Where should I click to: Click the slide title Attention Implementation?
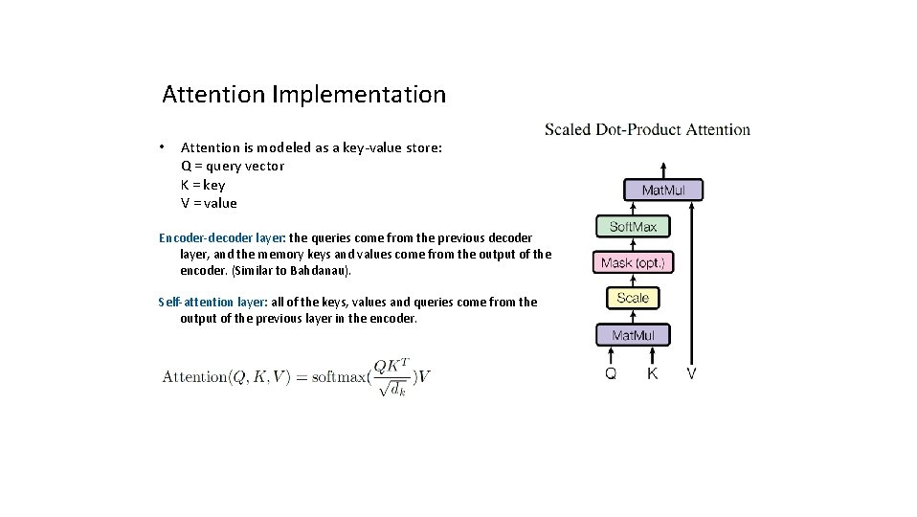click(x=303, y=95)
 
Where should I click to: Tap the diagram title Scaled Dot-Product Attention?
click(x=647, y=129)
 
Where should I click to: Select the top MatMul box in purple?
click(x=662, y=191)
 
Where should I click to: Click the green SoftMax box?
click(x=633, y=227)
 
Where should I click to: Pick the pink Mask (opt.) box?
click(x=633, y=262)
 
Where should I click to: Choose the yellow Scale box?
click(x=633, y=299)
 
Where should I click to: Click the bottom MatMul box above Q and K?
click(x=633, y=335)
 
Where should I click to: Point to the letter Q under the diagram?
click(x=611, y=373)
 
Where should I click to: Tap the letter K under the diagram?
click(x=652, y=373)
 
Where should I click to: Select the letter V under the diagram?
click(x=691, y=373)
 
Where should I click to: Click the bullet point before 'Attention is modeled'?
click(x=164, y=146)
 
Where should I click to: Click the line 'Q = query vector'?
click(x=233, y=166)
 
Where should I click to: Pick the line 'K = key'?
click(x=203, y=185)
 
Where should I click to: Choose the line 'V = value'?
click(x=209, y=203)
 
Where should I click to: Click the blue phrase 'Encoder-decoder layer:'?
click(x=222, y=237)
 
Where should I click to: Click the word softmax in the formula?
click(x=340, y=376)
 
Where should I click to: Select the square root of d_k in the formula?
click(x=392, y=389)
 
